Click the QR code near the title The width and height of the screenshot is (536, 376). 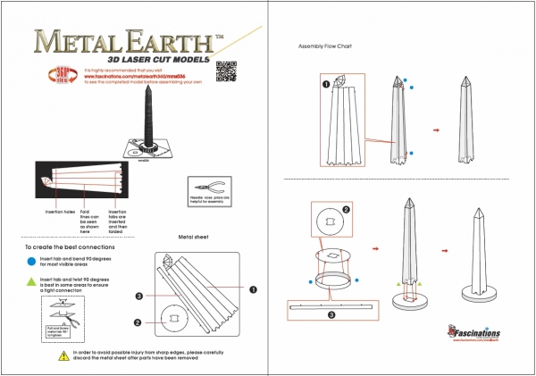click(229, 71)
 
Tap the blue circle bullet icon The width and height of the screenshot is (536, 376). click(33, 263)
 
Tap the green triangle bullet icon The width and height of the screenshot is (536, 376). click(33, 282)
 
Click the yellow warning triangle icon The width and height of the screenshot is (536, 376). click(63, 355)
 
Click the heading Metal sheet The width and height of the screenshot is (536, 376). click(193, 238)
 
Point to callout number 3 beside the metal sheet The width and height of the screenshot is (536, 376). click(138, 295)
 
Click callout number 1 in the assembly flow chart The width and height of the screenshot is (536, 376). click(326, 85)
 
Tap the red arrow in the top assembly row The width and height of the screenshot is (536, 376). click(436, 130)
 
